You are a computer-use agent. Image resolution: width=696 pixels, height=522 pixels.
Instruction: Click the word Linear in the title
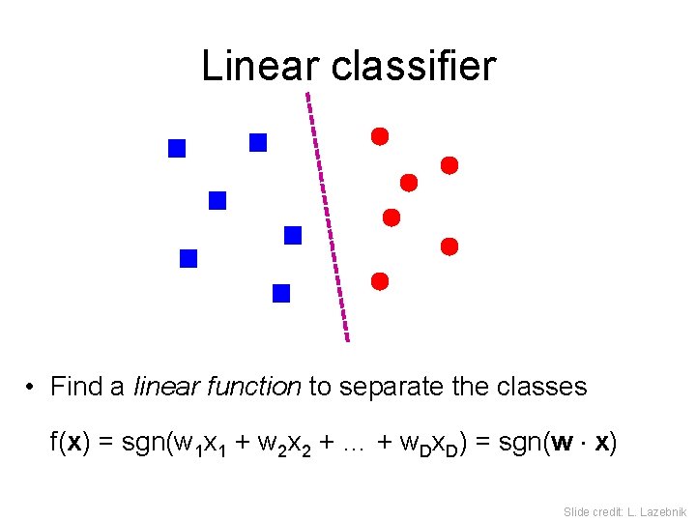(257, 66)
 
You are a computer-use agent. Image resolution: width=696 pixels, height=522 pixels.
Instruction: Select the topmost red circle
(380, 135)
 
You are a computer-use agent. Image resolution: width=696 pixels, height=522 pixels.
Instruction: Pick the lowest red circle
(380, 281)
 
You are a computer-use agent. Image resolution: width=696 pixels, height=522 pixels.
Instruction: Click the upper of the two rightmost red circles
(449, 165)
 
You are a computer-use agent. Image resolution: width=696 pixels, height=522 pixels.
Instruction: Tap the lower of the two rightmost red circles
(449, 246)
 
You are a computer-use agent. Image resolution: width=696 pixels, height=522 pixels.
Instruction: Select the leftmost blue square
(177, 148)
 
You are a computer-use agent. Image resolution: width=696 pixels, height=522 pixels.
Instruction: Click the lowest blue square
(281, 293)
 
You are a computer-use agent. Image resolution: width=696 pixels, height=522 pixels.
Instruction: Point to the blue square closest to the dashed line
(293, 235)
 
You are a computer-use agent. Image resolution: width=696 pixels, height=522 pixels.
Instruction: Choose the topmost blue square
(258, 142)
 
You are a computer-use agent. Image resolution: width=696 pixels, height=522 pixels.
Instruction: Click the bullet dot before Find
(32, 388)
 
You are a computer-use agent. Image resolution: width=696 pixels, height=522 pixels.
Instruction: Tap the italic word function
(256, 387)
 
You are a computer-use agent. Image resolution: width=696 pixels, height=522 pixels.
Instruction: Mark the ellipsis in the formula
(356, 446)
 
